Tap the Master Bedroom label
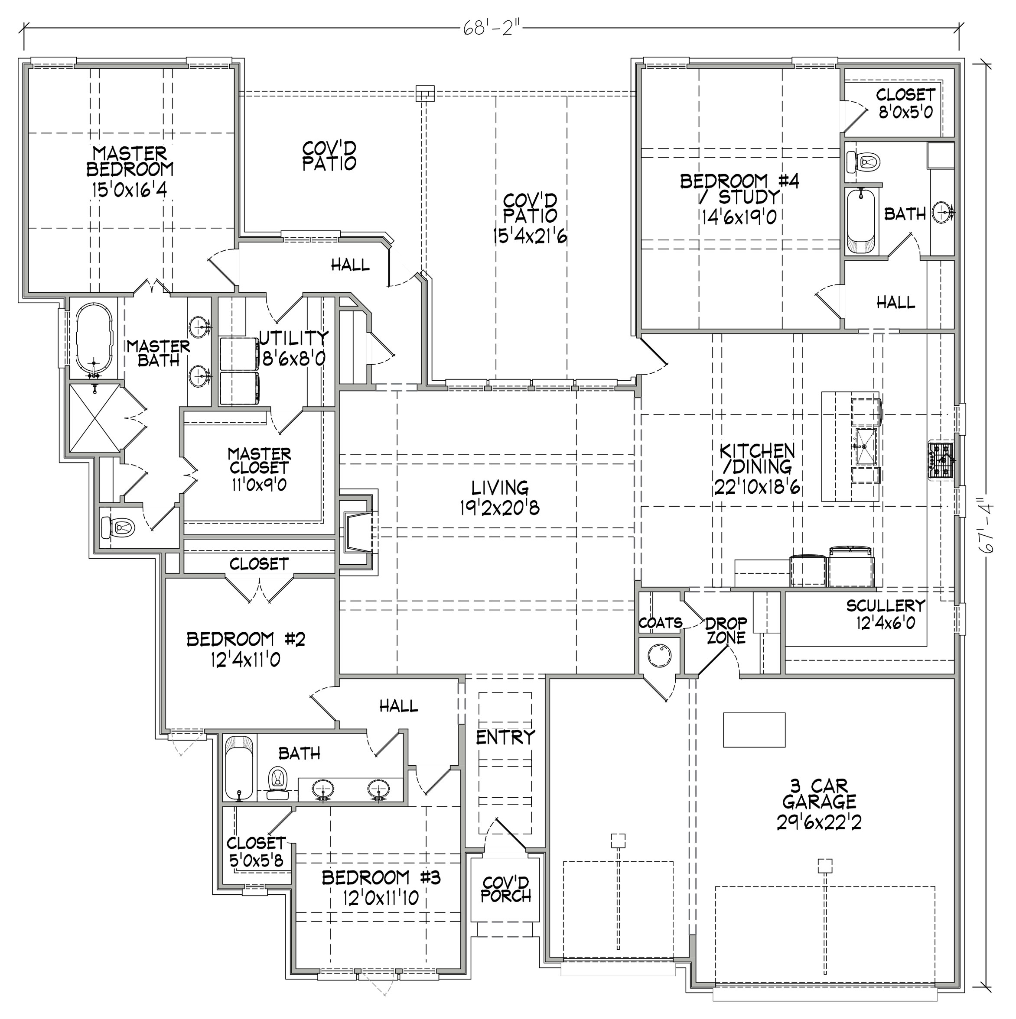point(130,171)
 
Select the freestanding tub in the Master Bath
point(94,340)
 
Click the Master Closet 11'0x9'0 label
point(259,469)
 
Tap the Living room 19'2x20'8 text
point(499,497)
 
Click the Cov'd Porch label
point(506,889)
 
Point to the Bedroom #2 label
point(246,649)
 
